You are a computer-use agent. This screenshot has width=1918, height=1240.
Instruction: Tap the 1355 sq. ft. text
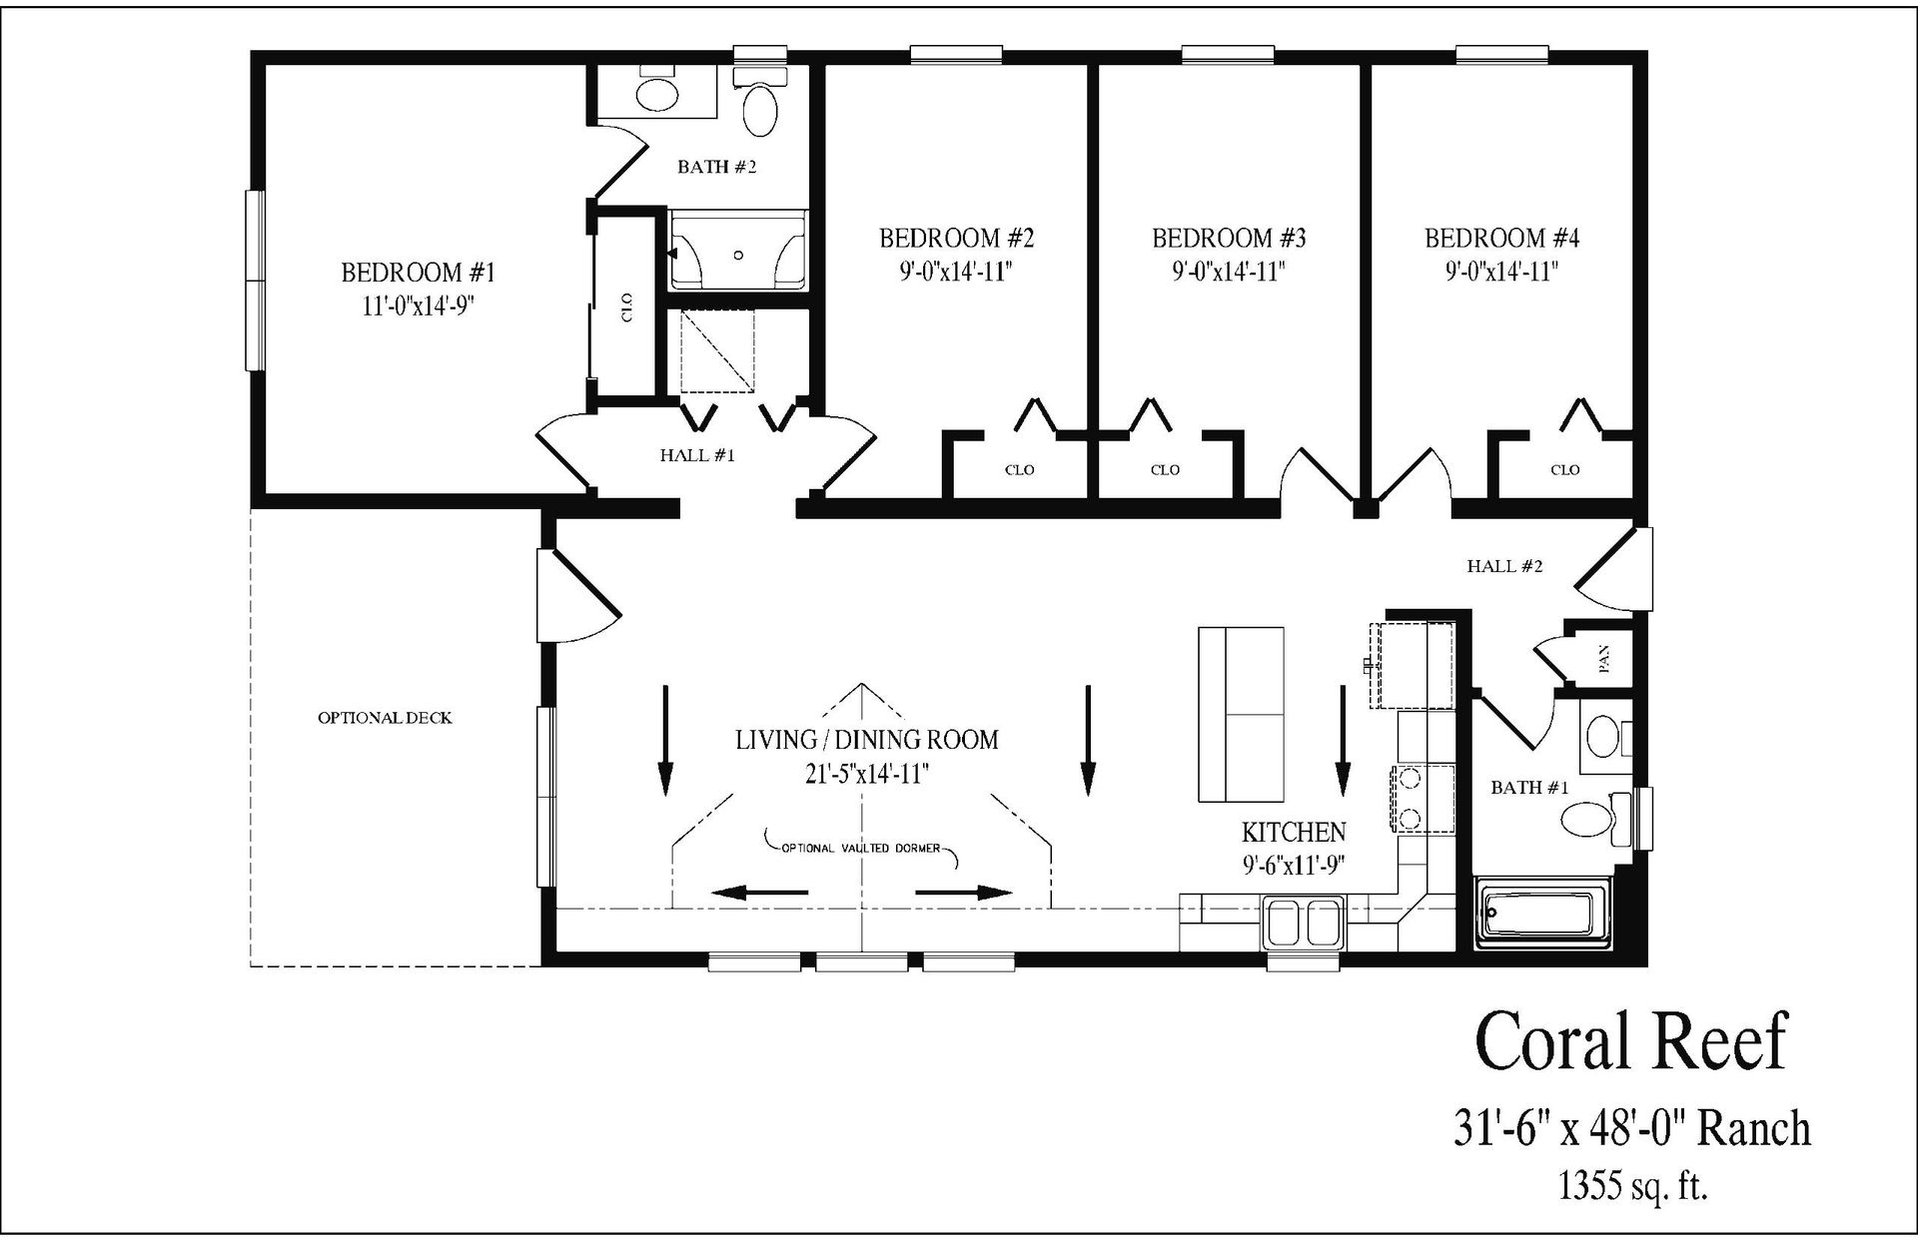pos(1632,1185)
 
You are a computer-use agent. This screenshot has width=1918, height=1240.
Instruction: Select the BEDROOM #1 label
pos(418,272)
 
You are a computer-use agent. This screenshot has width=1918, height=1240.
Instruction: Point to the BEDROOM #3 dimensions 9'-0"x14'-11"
pos(1229,272)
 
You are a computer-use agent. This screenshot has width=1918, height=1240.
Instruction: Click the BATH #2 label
pos(716,167)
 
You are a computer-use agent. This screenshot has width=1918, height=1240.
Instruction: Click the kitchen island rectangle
pos(1241,713)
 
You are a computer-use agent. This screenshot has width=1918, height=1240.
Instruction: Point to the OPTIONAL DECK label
pos(385,718)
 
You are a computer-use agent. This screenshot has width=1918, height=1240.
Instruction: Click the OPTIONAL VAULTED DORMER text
pos(860,848)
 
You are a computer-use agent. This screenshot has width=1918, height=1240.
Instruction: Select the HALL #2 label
pos(1504,566)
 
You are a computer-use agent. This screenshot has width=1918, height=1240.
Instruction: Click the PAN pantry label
pos(1604,657)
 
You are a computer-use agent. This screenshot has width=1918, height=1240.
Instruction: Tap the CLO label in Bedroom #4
pos(1564,469)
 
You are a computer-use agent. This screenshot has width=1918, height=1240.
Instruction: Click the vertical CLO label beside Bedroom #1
pos(626,307)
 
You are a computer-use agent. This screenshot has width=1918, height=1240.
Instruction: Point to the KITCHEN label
pos(1294,831)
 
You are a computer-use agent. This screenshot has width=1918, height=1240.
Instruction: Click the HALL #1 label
pos(697,455)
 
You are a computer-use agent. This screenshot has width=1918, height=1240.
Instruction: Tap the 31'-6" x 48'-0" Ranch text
pos(1630,1128)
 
